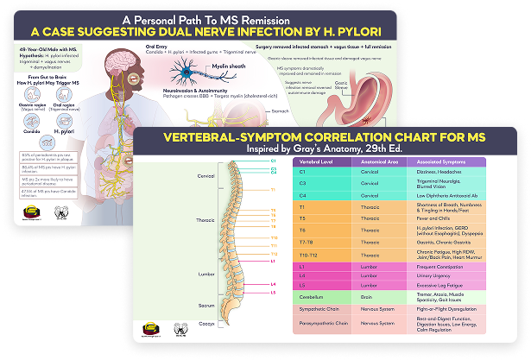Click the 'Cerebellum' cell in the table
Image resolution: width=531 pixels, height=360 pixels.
pyautogui.click(x=313, y=295)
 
